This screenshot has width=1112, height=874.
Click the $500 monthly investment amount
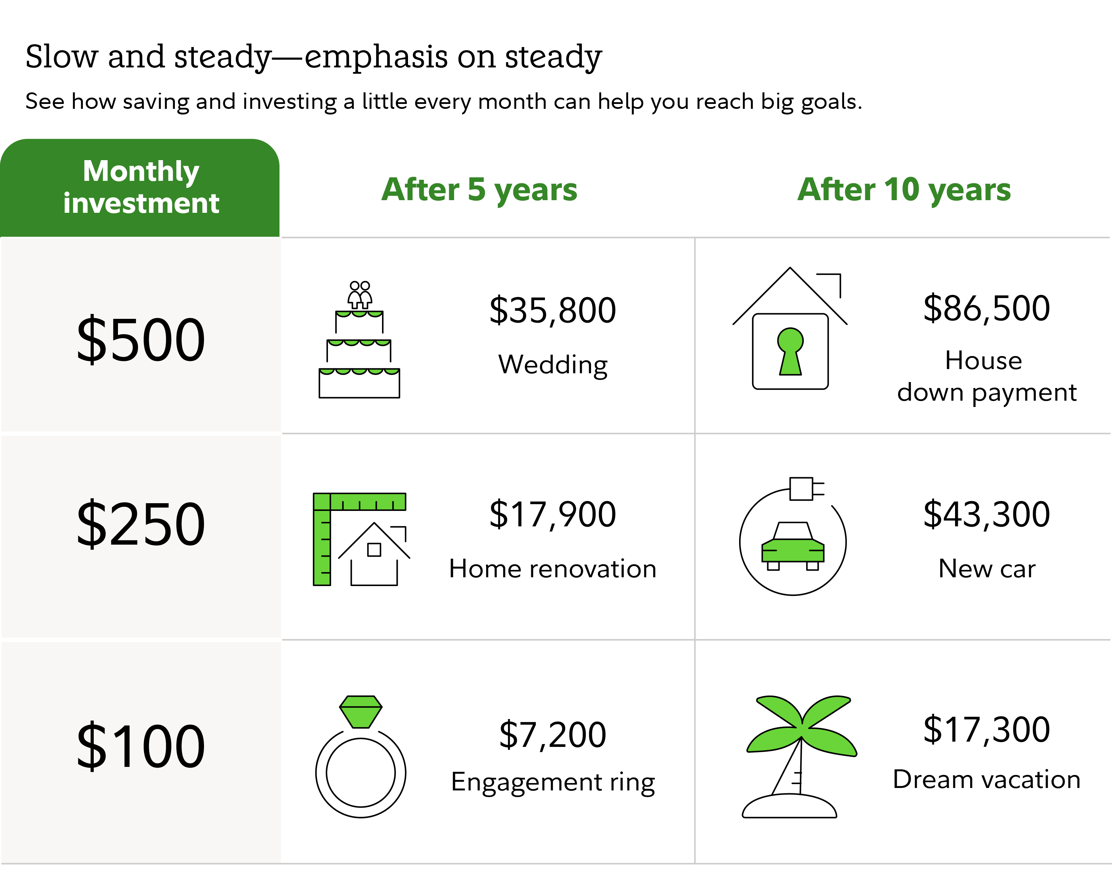pos(141,339)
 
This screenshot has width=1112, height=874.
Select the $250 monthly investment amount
pos(141,524)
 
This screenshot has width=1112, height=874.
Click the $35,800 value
pos(553,311)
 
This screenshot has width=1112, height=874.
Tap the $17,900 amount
pos(553,514)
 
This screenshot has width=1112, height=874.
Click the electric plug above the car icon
pos(806,489)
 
